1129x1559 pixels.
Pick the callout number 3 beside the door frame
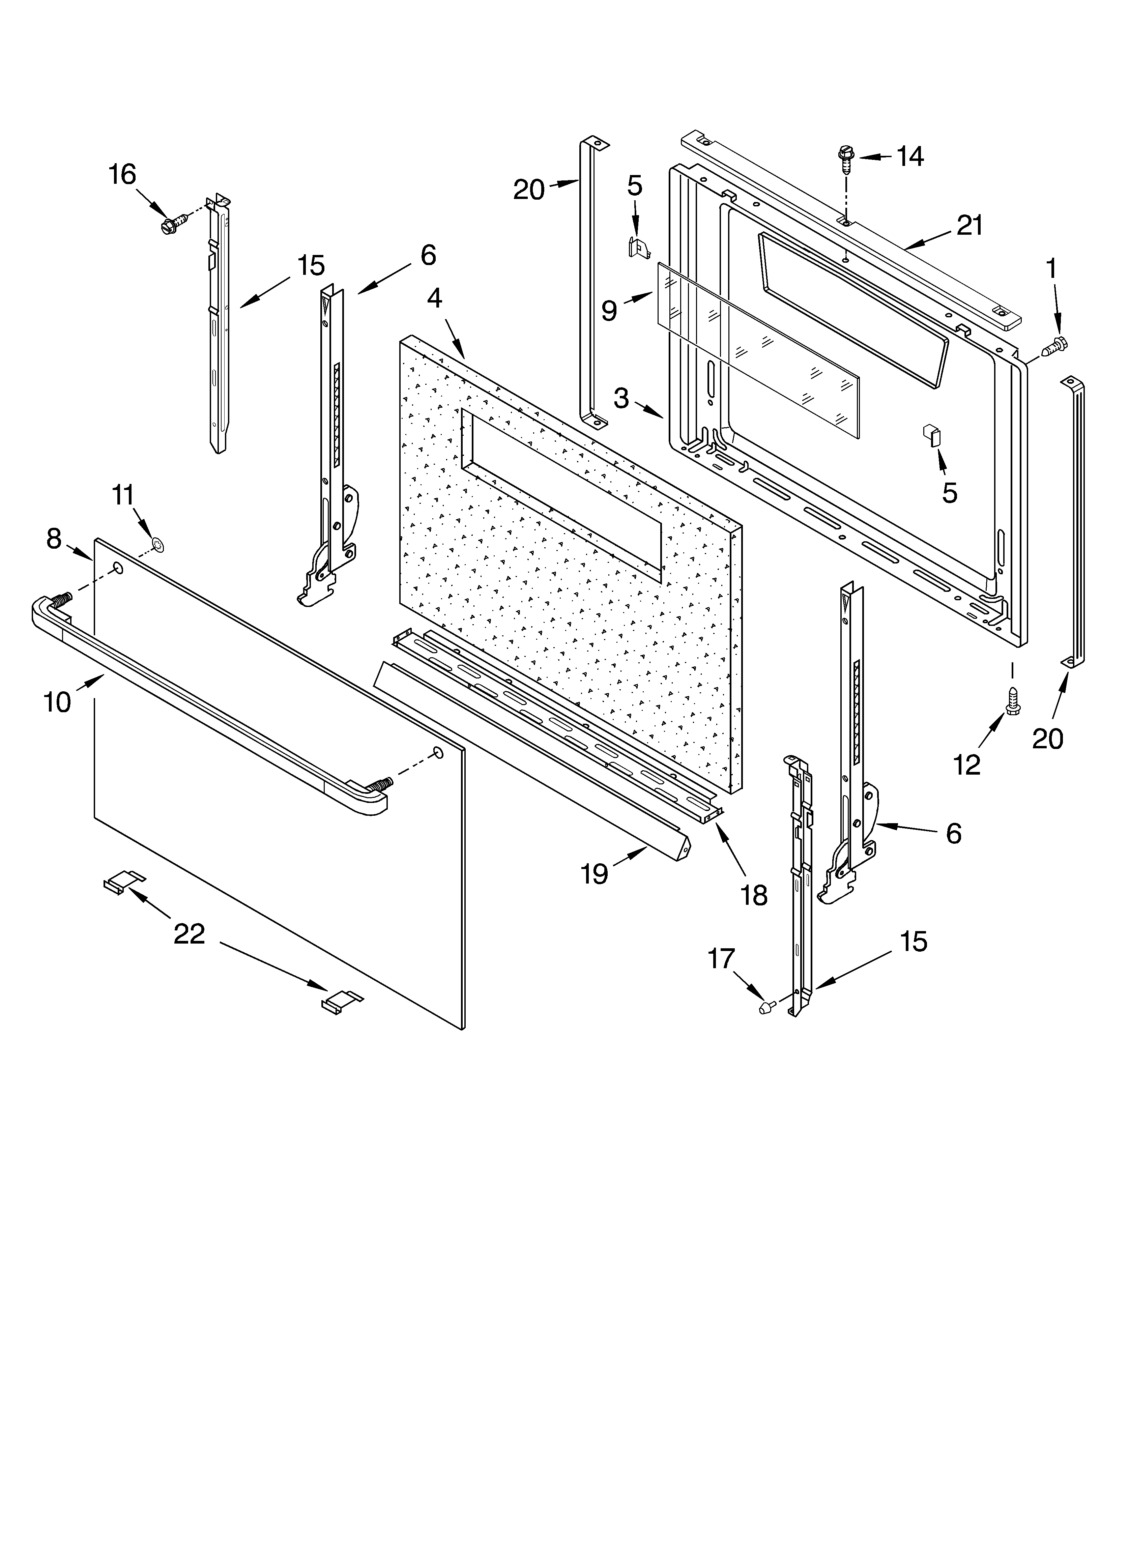[621, 397]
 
